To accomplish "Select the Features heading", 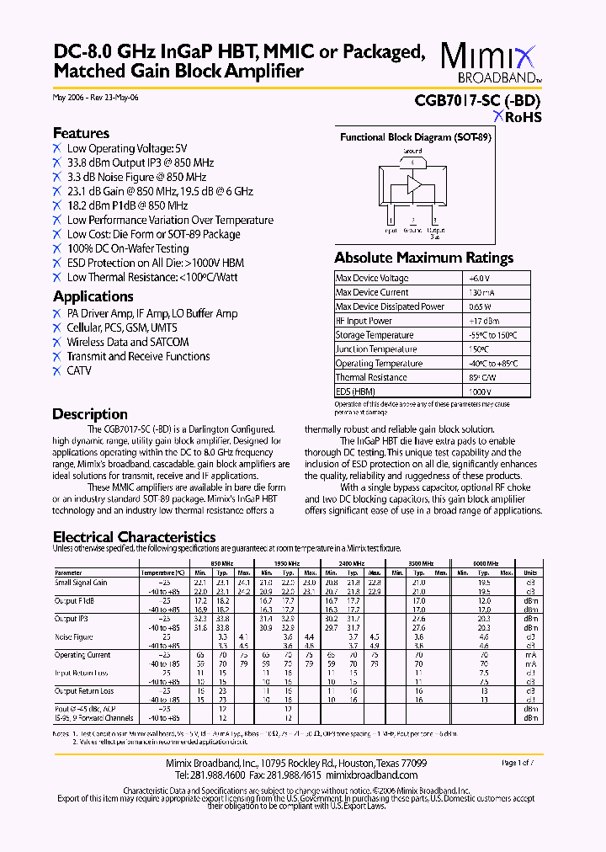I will tap(81, 133).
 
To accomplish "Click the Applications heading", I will tap(93, 296).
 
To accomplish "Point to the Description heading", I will tap(90, 413).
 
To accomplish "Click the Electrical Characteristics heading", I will tap(134, 537).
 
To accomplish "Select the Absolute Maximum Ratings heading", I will tap(423, 258).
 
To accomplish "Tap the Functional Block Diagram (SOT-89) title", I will tap(415, 137).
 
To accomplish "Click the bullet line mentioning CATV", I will tap(79, 370).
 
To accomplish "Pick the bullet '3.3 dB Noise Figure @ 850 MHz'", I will tap(136, 177).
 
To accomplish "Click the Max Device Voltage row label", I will tap(372, 278).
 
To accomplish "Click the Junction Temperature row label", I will tap(376, 349).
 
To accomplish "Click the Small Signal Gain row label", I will tap(81, 583).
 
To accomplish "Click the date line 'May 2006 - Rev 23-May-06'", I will tap(96, 98).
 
